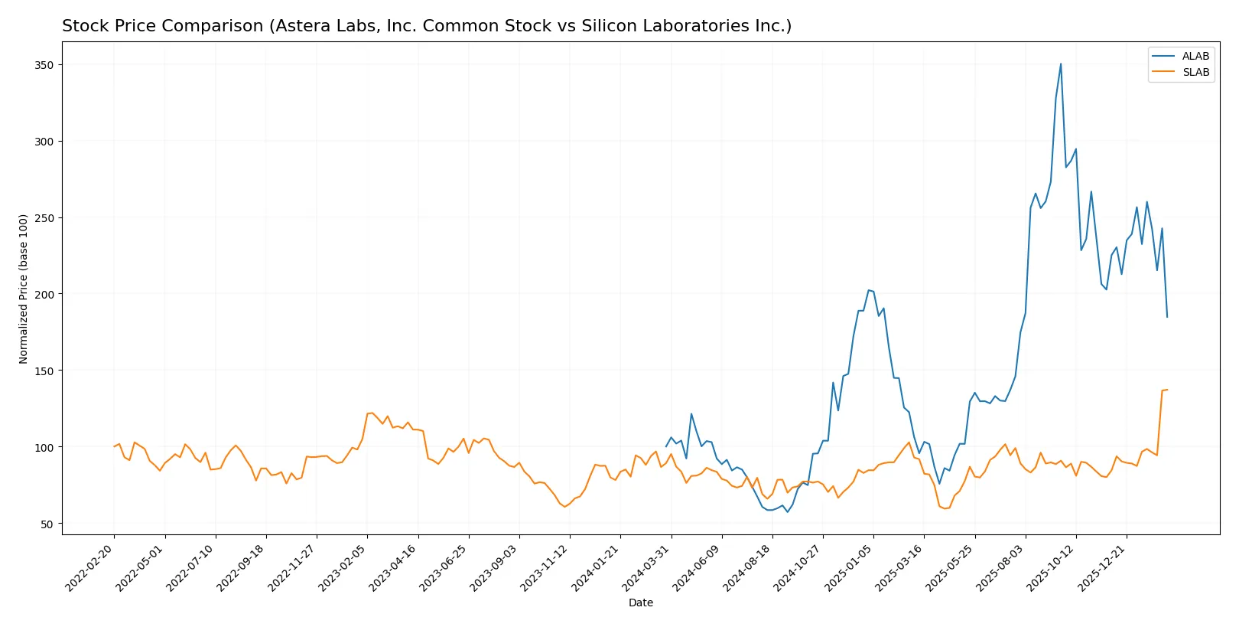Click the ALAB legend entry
tap(1195, 56)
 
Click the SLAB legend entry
tap(1195, 72)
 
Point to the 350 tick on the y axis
tap(44, 65)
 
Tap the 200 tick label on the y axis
tap(44, 295)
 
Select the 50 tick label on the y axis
tap(47, 524)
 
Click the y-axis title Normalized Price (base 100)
tap(23, 289)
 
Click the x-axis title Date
tap(640, 603)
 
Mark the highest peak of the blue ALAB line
tap(1061, 64)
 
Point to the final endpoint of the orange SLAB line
tap(1167, 390)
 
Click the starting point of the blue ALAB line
tap(666, 446)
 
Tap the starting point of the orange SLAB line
tap(114, 446)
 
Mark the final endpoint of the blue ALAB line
tap(1167, 317)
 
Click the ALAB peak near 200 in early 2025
tap(868, 290)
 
